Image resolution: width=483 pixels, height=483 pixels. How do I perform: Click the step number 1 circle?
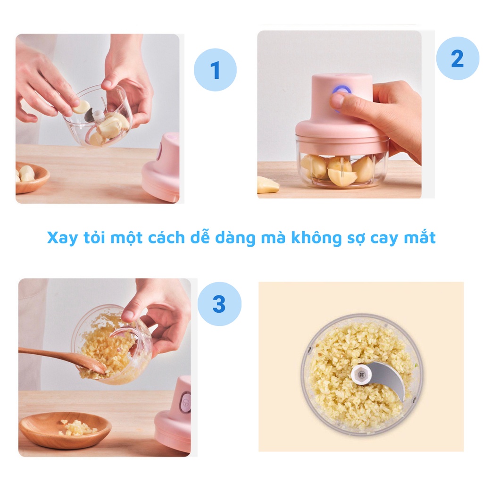(215, 70)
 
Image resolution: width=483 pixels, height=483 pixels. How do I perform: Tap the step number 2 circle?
(458, 58)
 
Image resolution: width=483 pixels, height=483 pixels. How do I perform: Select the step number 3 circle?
(219, 304)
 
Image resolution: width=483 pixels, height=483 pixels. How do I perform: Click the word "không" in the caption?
(316, 238)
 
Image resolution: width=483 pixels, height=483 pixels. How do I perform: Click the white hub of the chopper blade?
(361, 375)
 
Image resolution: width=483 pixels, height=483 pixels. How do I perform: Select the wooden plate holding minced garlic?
(65, 430)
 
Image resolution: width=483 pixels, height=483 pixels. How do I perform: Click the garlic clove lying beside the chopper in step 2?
(268, 185)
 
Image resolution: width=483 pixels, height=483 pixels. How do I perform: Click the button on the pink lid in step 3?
(186, 401)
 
